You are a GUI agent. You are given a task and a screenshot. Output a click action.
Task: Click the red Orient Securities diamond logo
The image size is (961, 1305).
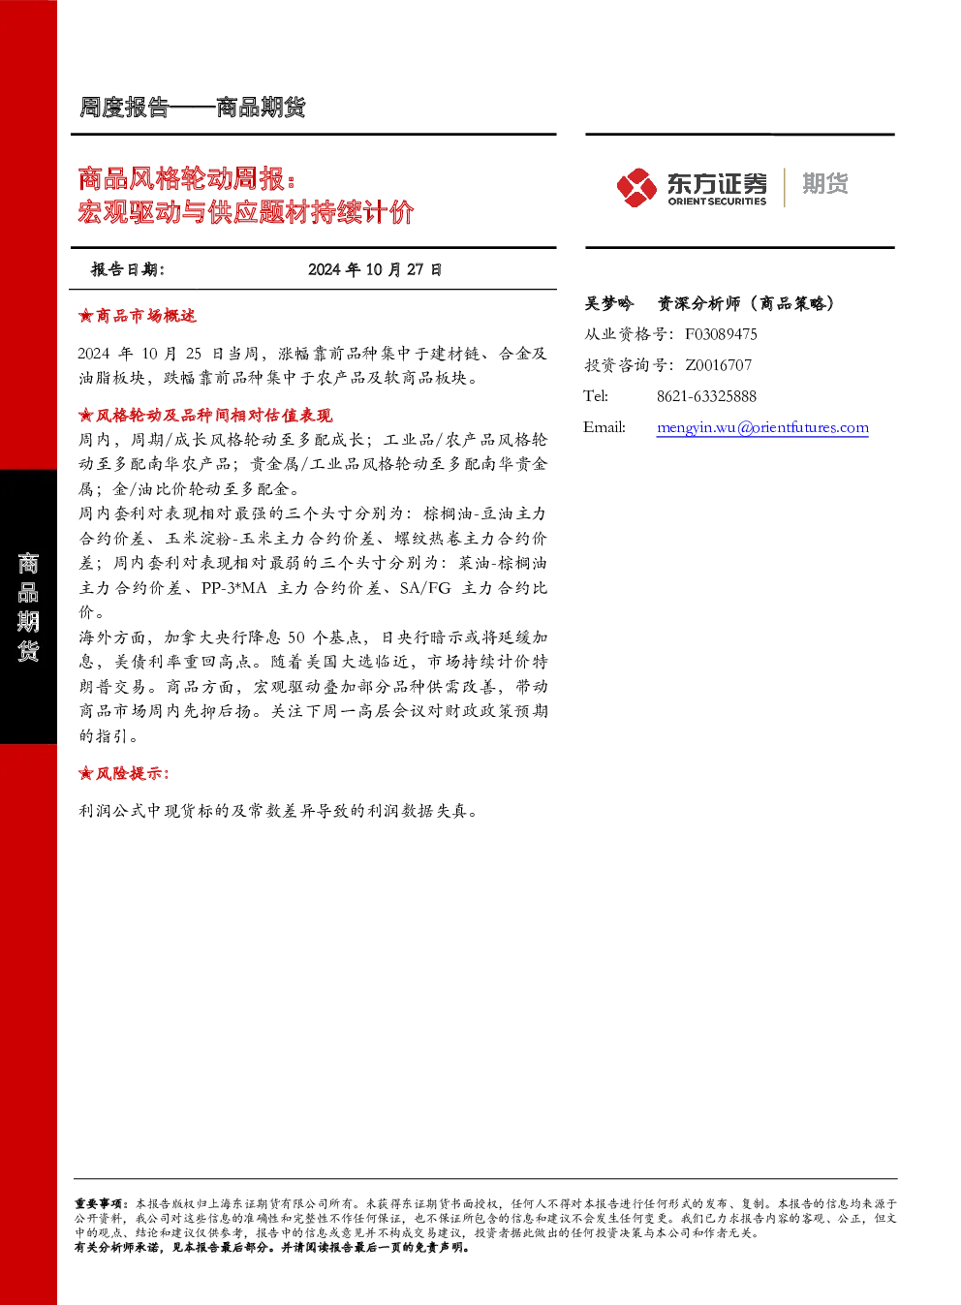(636, 187)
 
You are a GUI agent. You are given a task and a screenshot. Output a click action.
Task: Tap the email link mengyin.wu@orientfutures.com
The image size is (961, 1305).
(762, 427)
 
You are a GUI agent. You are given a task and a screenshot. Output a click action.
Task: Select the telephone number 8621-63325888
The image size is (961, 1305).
(706, 397)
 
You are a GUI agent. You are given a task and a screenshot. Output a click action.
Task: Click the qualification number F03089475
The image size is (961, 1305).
(721, 334)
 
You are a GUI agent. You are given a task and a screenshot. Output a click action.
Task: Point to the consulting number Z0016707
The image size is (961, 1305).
(719, 365)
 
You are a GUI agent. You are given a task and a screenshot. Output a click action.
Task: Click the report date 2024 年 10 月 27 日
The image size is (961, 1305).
(375, 269)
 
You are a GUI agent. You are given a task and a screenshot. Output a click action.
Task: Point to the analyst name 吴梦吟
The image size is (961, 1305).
(608, 303)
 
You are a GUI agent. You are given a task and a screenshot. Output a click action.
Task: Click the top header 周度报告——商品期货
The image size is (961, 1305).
(192, 108)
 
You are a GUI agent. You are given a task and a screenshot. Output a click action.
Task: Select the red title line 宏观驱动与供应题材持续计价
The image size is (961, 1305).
(246, 211)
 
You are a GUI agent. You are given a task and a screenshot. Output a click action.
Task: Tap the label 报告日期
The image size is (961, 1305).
(128, 269)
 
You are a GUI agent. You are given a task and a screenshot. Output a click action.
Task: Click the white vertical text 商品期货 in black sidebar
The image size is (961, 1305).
(28, 607)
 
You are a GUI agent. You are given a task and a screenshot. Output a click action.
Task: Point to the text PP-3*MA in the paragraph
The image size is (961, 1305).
(234, 588)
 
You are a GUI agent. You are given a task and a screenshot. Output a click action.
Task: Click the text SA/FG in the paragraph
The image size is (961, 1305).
(425, 588)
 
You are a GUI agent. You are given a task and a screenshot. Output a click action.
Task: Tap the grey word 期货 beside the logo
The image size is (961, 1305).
(825, 183)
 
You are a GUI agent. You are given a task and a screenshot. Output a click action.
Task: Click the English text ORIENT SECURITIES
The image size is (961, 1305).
(717, 202)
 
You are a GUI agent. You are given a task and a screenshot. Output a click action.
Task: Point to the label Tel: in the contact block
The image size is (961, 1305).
(595, 397)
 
